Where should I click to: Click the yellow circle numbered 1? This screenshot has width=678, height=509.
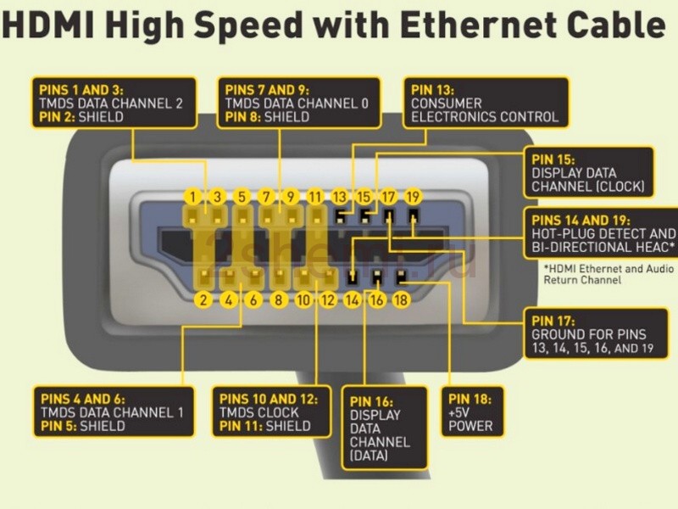click(193, 197)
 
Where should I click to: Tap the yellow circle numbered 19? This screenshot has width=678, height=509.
click(413, 197)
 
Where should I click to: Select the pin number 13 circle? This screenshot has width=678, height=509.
click(340, 197)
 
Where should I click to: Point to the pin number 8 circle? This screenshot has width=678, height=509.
click(279, 299)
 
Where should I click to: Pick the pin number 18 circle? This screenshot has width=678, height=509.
click(401, 299)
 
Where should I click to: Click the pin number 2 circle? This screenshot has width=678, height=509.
click(203, 299)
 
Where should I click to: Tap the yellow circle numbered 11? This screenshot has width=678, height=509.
click(315, 197)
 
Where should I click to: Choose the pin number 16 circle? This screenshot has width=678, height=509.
click(377, 299)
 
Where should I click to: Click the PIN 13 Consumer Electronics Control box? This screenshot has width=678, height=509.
click(486, 103)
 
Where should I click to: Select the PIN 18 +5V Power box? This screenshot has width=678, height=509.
click(473, 412)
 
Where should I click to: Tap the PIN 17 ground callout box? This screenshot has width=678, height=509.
click(596, 333)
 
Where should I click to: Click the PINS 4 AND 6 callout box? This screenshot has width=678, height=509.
click(114, 411)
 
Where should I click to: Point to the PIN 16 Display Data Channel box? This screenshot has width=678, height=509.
click(385, 428)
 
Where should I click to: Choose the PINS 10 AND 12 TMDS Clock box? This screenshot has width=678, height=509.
click(271, 411)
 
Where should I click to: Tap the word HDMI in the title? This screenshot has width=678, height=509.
click(48, 25)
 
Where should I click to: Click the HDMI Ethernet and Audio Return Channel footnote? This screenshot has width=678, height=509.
click(609, 274)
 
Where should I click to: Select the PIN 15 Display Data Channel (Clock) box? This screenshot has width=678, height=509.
click(588, 173)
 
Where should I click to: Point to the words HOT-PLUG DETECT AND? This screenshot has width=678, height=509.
click(603, 234)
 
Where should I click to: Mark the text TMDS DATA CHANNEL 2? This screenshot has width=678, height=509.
click(111, 103)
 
